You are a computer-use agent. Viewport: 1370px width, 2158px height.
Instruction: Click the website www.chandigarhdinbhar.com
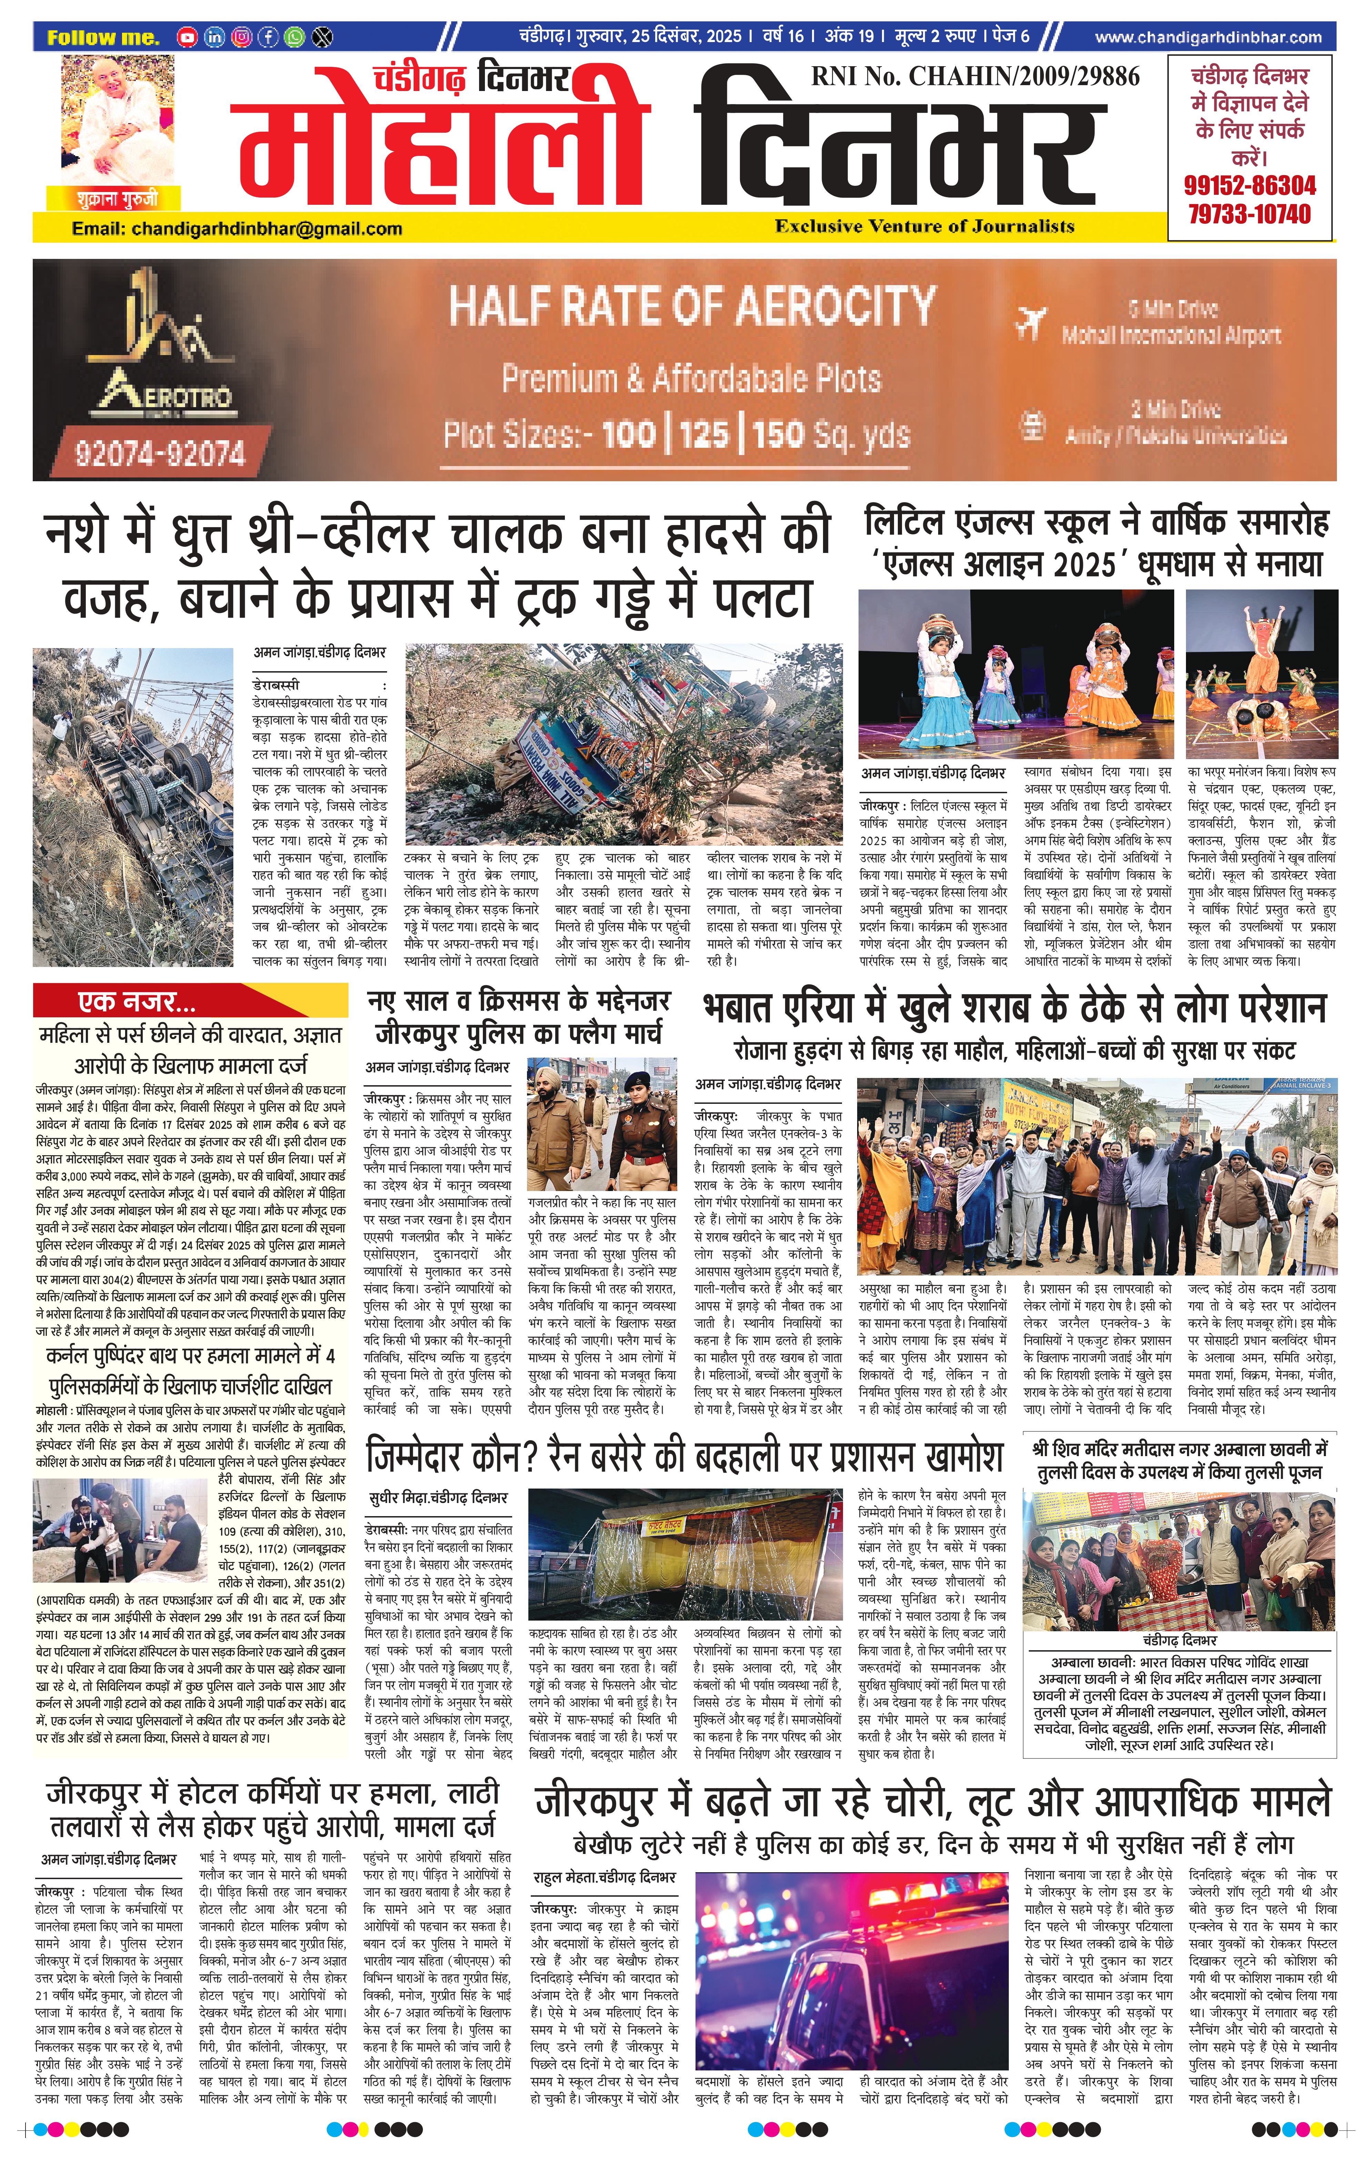click(x=1208, y=38)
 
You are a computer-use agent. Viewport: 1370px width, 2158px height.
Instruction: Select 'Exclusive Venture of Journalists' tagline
click(x=925, y=226)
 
